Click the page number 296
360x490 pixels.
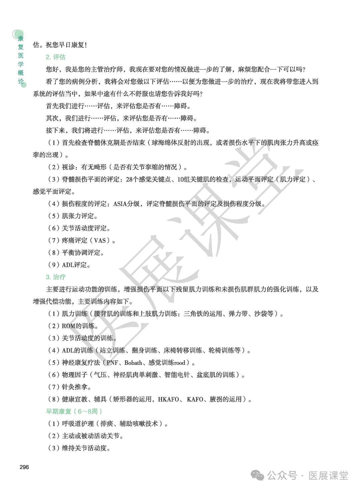click(24, 467)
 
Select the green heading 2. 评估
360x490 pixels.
click(55, 57)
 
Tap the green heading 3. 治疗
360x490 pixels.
click(55, 277)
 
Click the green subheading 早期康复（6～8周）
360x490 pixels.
click(74, 411)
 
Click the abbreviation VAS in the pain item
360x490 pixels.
click(100, 240)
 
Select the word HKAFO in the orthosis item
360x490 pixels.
click(168, 399)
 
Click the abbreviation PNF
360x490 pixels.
click(112, 362)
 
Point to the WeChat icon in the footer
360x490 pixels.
click(258, 475)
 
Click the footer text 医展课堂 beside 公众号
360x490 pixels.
click(328, 476)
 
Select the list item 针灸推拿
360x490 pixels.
click(76, 387)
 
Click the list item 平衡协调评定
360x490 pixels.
click(83, 253)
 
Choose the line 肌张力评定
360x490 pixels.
click(79, 216)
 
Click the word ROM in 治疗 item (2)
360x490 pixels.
click(69, 326)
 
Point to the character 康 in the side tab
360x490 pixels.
click(21, 38)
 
